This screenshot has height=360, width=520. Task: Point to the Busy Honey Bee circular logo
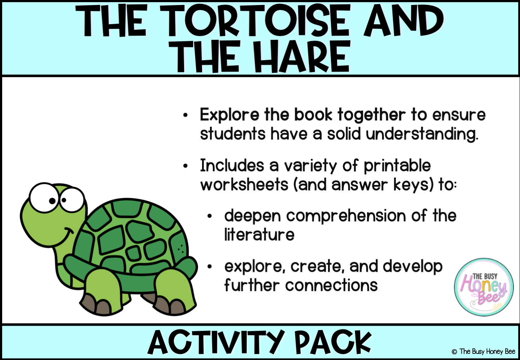484,287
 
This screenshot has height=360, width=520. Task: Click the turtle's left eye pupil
52,201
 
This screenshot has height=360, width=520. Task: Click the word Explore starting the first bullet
229,115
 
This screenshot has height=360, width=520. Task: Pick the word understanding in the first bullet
422,135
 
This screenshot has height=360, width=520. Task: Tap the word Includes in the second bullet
232,166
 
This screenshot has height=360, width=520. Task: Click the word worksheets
244,185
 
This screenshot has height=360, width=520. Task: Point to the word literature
259,235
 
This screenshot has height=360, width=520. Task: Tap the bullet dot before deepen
210,216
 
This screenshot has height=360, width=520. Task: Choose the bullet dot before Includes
185,166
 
